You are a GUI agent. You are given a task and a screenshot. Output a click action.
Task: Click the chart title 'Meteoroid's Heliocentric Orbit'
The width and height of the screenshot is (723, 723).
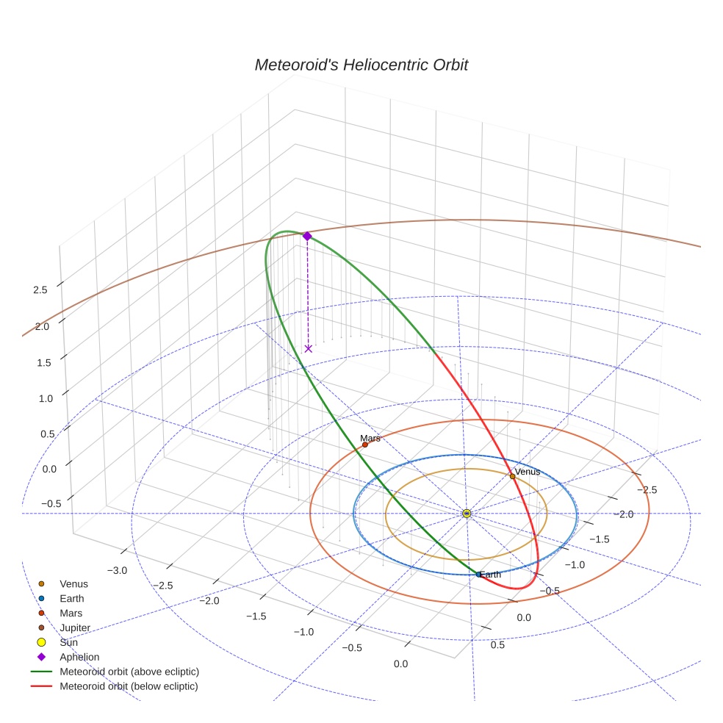point(361,65)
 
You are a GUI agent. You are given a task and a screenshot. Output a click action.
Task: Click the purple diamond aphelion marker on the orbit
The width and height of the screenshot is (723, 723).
point(307,236)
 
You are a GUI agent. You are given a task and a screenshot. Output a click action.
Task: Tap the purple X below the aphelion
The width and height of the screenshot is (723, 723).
point(308,348)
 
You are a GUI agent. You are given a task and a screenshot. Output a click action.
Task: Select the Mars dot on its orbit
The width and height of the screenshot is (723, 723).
point(365,445)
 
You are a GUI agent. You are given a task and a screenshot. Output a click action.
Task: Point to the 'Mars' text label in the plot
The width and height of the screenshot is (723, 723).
point(370,439)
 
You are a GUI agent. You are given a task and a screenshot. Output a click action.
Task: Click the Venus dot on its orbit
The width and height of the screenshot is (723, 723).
point(512,476)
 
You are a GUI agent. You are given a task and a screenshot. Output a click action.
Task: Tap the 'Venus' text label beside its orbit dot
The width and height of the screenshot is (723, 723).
point(527,471)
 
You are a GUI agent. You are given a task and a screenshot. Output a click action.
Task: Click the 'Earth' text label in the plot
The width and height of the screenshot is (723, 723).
point(489,575)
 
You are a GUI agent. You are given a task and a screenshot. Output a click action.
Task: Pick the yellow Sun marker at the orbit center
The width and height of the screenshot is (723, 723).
point(467,513)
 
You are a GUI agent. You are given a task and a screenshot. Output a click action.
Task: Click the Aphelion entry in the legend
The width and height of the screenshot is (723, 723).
point(79,657)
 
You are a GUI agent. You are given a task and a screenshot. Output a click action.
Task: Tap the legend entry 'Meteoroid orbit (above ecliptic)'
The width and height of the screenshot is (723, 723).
point(129,672)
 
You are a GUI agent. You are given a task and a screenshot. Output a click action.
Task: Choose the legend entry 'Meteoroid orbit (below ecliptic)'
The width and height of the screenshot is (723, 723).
point(129,686)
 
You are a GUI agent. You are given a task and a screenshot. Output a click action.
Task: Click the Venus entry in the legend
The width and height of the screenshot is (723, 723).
point(73,583)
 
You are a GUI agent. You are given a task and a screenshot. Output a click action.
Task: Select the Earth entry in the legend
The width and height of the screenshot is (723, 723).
point(71,598)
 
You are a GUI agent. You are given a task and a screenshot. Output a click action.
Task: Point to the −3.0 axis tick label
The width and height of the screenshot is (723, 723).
point(118,570)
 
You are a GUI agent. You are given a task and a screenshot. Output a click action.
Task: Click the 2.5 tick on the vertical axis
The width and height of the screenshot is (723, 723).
point(40,289)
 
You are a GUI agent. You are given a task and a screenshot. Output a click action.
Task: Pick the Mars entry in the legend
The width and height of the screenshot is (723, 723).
point(71,613)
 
